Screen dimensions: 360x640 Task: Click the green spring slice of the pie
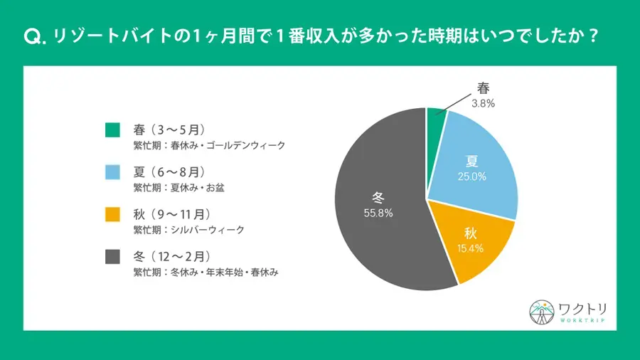pyautogui.click(x=435, y=120)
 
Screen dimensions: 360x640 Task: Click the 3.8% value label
pyautogui.click(x=483, y=102)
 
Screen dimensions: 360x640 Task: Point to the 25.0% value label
pyautogui.click(x=472, y=176)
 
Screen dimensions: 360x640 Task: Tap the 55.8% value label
pyautogui.click(x=378, y=212)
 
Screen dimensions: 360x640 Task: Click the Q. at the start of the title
pyautogui.click(x=34, y=38)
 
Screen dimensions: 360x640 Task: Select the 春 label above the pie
pyautogui.click(x=483, y=88)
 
